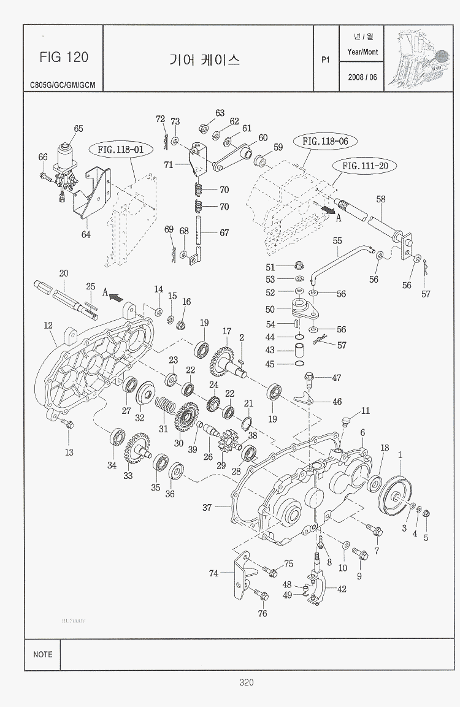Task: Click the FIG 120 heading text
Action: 64,57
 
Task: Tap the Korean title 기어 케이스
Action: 204,59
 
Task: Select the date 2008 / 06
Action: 362,77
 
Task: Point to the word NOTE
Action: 43,654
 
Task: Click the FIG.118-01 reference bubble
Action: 120,149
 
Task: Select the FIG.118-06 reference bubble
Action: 325,141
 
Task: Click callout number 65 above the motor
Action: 79,129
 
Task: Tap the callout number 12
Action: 48,326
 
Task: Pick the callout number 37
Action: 207,507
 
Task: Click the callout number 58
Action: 380,199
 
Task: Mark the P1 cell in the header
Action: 326,59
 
